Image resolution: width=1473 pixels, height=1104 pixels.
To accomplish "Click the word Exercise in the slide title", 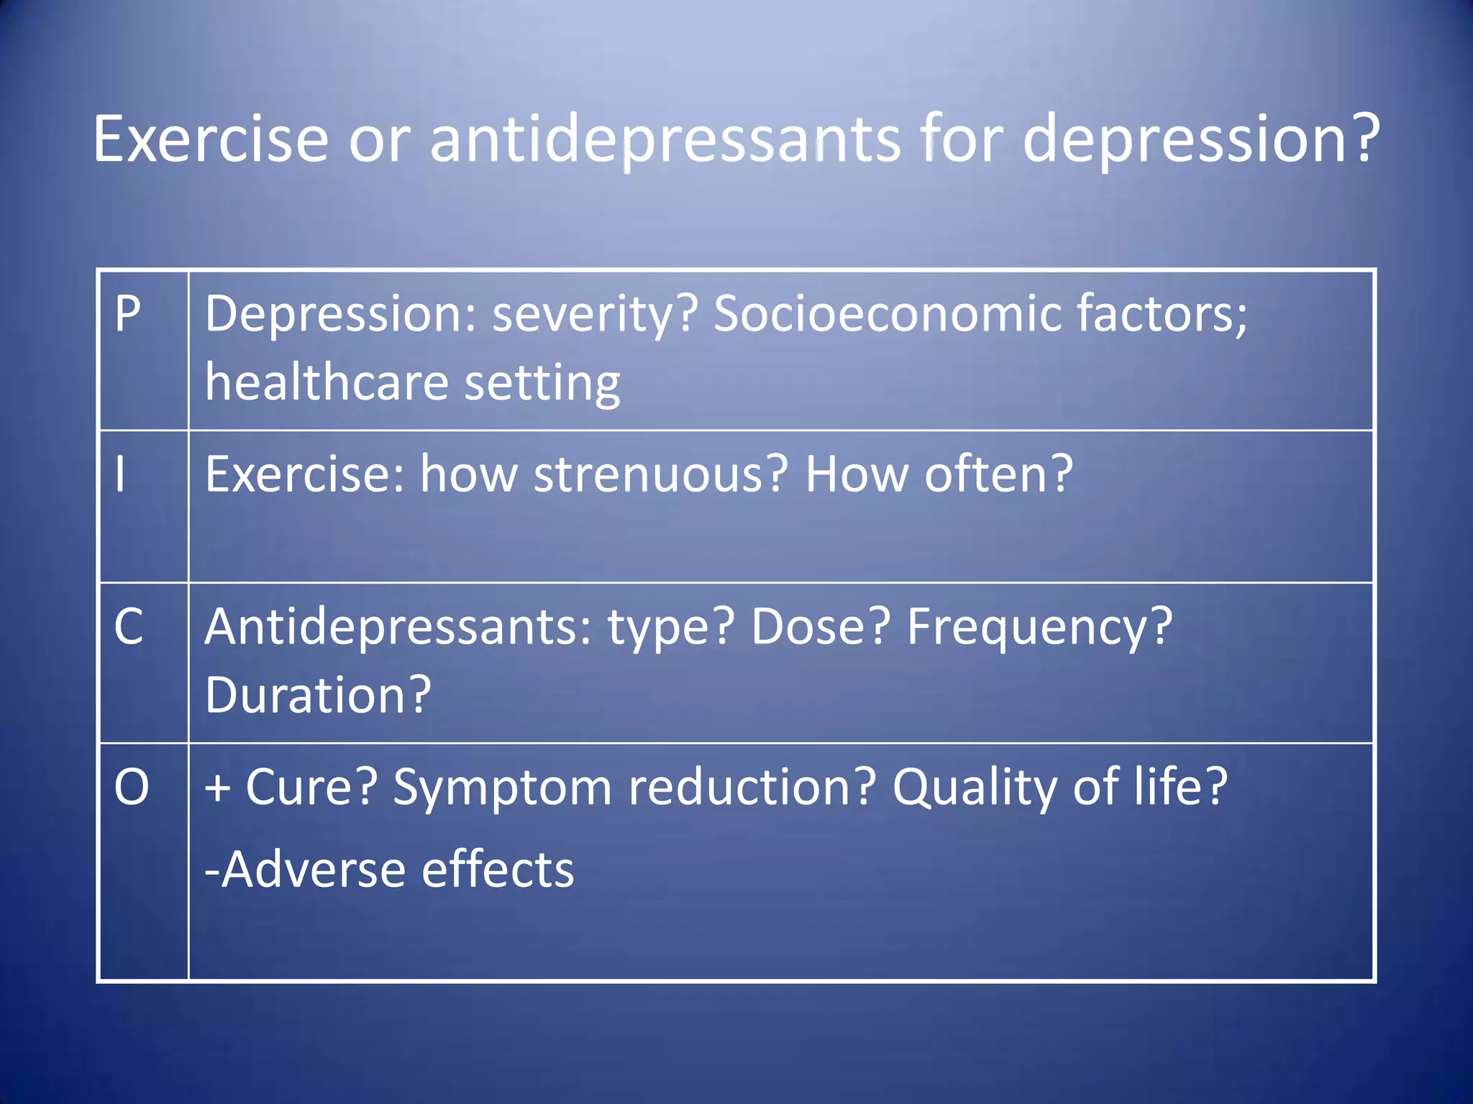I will point(211,139).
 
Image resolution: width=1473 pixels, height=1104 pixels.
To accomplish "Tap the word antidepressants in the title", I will point(665,139).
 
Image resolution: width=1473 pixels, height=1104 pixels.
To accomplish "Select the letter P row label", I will point(128,314).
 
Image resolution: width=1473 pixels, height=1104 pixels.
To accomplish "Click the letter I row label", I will point(120,474).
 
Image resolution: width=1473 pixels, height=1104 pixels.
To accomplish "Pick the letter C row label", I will point(129,627).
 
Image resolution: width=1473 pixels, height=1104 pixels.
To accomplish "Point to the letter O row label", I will point(132,787).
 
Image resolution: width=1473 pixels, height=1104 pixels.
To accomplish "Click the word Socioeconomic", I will point(887,314).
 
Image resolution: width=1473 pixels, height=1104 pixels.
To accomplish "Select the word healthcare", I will point(327,382).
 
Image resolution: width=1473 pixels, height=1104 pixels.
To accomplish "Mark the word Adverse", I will point(313,870).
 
